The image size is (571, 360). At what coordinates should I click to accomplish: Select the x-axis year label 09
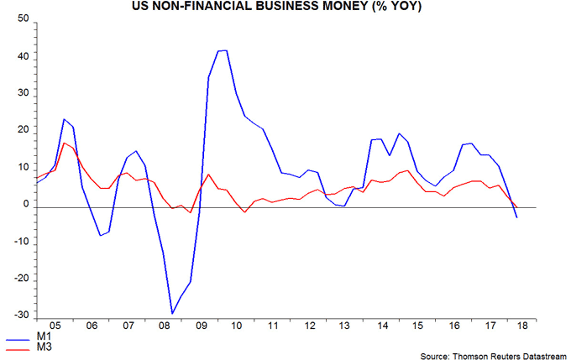tap(200, 325)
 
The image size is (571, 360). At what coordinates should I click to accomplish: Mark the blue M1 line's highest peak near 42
tap(222, 50)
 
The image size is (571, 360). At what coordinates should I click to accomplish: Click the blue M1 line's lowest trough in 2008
tap(172, 313)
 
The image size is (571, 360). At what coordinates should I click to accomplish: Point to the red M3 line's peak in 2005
tap(64, 143)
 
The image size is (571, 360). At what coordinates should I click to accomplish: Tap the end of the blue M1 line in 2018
tap(516, 217)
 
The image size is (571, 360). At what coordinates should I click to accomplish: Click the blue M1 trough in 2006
tap(100, 235)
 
